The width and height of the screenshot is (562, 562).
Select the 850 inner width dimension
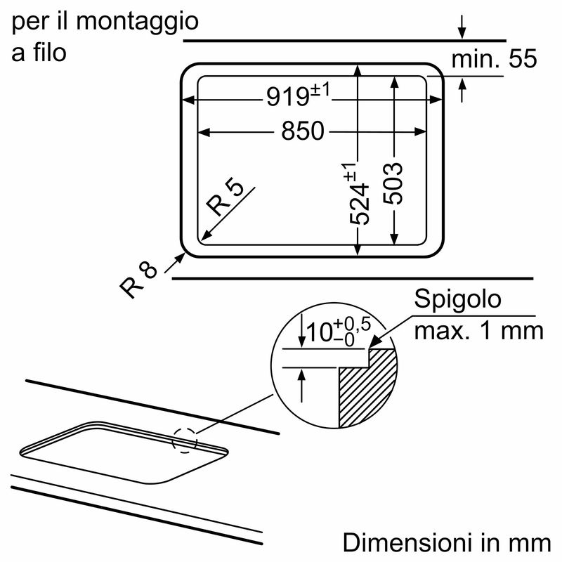(x=303, y=131)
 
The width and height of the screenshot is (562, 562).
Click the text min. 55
(x=493, y=60)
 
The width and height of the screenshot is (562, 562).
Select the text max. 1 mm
(x=478, y=330)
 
